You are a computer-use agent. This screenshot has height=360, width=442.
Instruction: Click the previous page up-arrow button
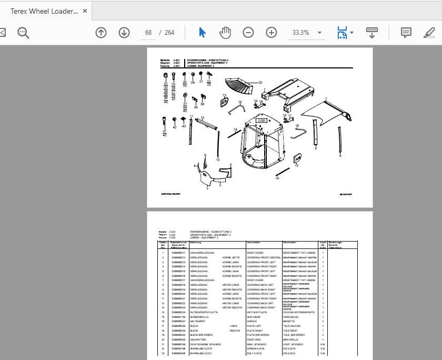pyautogui.click(x=101, y=33)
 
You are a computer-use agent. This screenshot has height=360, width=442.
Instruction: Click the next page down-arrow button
pyautogui.click(x=124, y=33)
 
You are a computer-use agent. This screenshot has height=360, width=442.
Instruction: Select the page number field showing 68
pyautogui.click(x=148, y=33)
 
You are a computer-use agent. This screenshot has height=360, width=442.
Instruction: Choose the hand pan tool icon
pyautogui.click(x=225, y=33)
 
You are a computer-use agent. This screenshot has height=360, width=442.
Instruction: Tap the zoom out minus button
pyautogui.click(x=248, y=33)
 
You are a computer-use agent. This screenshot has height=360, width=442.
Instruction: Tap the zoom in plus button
pyautogui.click(x=272, y=33)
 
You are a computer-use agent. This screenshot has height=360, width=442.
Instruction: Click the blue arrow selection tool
pyautogui.click(x=202, y=33)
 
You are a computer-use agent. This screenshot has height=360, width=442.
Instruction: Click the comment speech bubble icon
pyautogui.click(x=406, y=33)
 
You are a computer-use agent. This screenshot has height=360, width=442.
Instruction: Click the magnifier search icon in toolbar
pyautogui.click(x=23, y=33)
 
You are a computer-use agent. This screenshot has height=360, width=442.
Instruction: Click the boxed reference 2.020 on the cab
pyautogui.click(x=262, y=121)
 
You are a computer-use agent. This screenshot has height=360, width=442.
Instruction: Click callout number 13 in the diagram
pyautogui.click(x=224, y=95)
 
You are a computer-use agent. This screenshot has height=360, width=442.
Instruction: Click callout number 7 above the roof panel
pyautogui.click(x=326, y=99)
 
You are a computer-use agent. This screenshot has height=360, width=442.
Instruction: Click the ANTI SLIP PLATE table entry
pyautogui.click(x=257, y=312)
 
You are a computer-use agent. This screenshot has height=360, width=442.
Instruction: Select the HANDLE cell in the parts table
pyautogui.click(x=252, y=321)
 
